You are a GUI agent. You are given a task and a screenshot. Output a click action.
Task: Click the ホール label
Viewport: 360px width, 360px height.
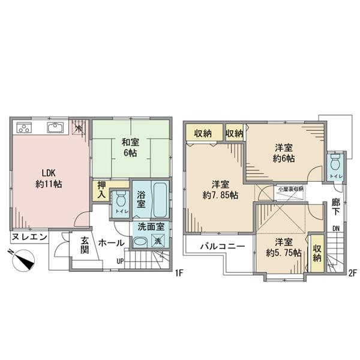click(x=111, y=243)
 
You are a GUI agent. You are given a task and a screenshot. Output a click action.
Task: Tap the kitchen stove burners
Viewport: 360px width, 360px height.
click(x=25, y=127)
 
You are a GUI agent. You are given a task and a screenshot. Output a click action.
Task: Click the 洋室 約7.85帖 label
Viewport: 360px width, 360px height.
click(x=220, y=189)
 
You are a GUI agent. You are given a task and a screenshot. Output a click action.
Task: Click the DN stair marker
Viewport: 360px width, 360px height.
click(x=336, y=227)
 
